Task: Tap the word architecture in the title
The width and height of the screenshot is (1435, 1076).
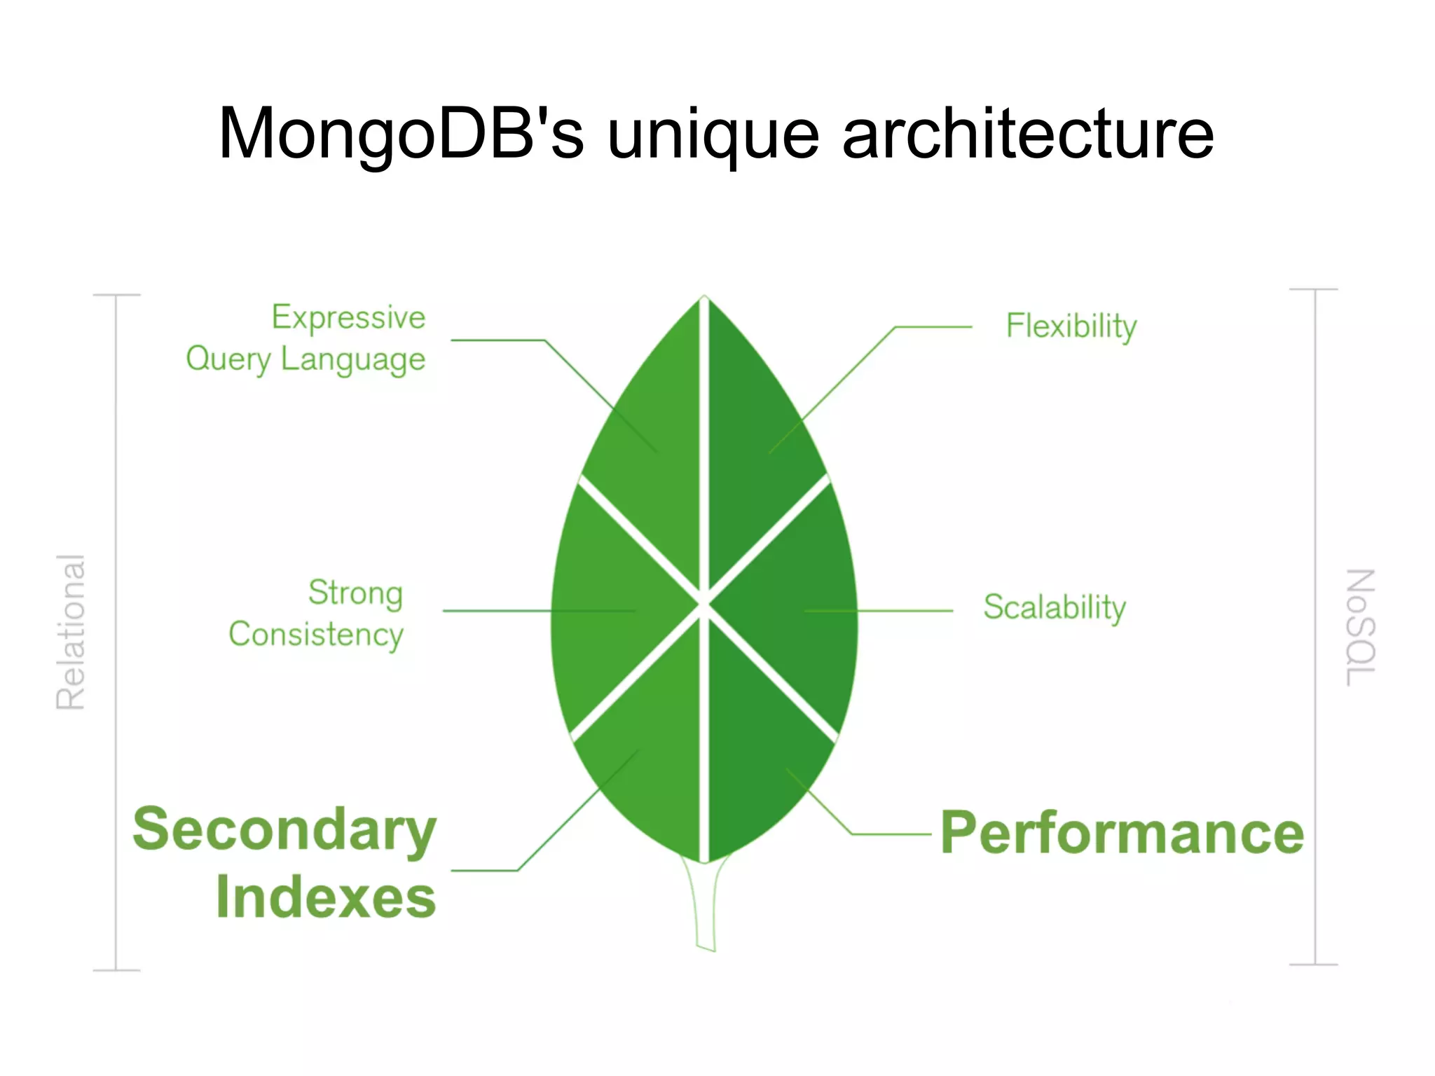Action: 1027,134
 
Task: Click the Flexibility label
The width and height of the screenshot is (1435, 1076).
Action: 1071,326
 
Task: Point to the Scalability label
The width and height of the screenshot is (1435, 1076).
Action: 1055,607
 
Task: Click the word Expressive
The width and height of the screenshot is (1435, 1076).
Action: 348,318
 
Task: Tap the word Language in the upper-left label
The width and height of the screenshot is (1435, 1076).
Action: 353,360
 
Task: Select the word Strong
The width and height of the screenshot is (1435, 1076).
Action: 355,593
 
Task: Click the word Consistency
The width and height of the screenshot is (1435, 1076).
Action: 316,635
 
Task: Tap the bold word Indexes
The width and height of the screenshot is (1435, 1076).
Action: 326,897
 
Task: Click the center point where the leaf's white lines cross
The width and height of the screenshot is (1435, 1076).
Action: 704,604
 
